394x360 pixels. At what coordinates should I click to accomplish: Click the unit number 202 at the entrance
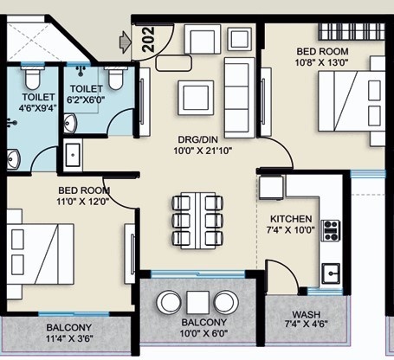pyautogui.click(x=149, y=40)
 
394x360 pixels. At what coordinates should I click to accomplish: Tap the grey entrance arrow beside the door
pyautogui.click(x=125, y=42)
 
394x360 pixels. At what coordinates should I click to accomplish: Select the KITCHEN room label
pyautogui.click(x=291, y=219)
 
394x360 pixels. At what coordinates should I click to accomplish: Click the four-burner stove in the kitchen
pyautogui.click(x=331, y=231)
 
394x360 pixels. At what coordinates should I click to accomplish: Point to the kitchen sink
pyautogui.click(x=331, y=273)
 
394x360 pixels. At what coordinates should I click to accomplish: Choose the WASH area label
pyautogui.click(x=307, y=314)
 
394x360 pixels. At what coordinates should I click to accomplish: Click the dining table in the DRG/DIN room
pyautogui.click(x=197, y=221)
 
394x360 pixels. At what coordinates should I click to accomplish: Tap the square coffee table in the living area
pyautogui.click(x=196, y=98)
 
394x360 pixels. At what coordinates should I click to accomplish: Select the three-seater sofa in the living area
pyautogui.click(x=240, y=98)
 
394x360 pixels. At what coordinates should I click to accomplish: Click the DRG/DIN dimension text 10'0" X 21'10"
pyautogui.click(x=203, y=151)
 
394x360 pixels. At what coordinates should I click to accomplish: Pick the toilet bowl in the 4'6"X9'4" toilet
pyautogui.click(x=32, y=78)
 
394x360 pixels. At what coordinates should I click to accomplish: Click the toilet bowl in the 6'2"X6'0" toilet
pyautogui.click(x=116, y=79)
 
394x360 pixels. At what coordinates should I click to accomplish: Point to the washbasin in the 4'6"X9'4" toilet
pyautogui.click(x=13, y=158)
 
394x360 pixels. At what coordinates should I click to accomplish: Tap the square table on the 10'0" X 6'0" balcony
pyautogui.click(x=197, y=303)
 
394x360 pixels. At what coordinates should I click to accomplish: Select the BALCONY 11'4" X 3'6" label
pyautogui.click(x=69, y=332)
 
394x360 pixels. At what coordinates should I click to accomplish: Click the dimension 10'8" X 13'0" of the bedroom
pyautogui.click(x=322, y=62)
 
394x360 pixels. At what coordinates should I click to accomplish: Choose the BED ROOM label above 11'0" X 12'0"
pyautogui.click(x=84, y=190)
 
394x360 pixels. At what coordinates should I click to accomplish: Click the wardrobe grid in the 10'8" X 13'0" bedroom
pyautogui.click(x=352, y=31)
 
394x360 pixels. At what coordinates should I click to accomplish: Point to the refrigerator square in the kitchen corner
pyautogui.click(x=271, y=188)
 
